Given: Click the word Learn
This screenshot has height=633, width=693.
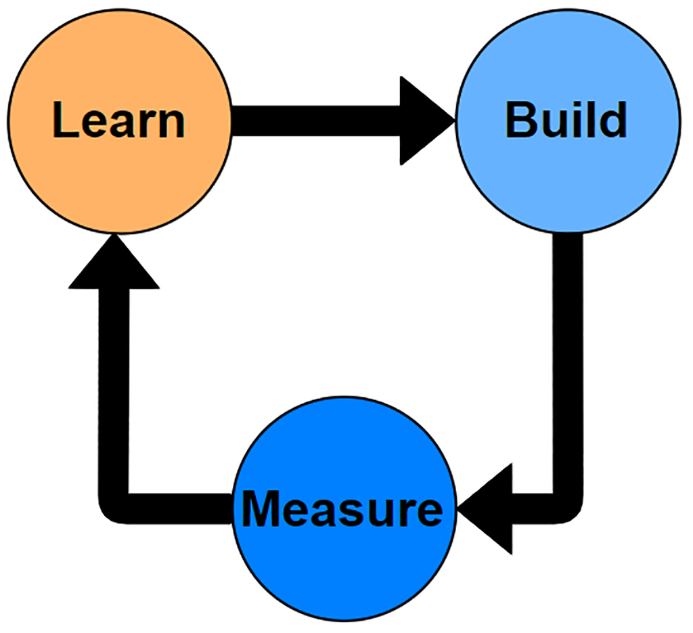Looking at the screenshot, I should tap(118, 121).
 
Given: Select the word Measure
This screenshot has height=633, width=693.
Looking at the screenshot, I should tap(342, 509).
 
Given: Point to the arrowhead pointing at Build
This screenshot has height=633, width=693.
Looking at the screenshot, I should tap(423, 121).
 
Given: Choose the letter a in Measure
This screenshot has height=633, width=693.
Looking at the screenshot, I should tap(323, 512).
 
